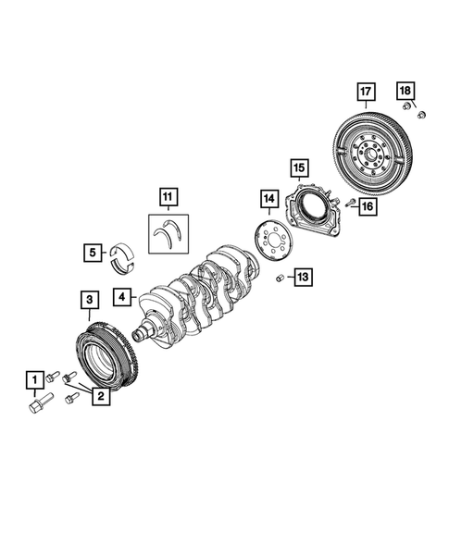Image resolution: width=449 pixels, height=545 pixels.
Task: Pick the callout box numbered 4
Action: click(121, 297)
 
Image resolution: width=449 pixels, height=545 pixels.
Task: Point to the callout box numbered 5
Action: click(94, 251)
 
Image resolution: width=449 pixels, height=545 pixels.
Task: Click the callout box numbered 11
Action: click(166, 196)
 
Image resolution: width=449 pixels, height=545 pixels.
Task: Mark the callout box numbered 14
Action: click(268, 198)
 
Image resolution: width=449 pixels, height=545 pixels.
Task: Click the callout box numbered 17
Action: click(366, 91)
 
